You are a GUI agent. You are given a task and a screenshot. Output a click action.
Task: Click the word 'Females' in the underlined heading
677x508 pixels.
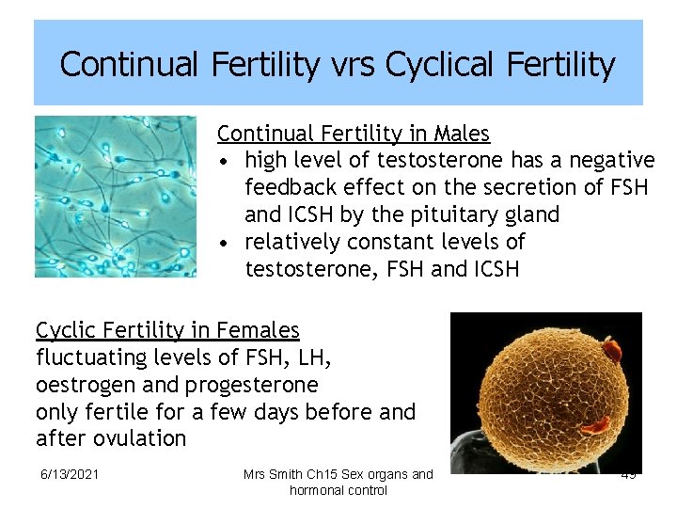pyautogui.click(x=257, y=330)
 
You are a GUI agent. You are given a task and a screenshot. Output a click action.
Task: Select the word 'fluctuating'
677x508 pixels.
pyautogui.click(x=90, y=357)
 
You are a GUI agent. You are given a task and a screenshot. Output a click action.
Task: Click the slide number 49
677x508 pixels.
pyautogui.click(x=628, y=475)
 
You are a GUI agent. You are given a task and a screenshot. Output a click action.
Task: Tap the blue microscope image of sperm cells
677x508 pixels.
pyautogui.click(x=116, y=197)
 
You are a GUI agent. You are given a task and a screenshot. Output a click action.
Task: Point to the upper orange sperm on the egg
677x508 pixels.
pyautogui.click(x=612, y=351)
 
